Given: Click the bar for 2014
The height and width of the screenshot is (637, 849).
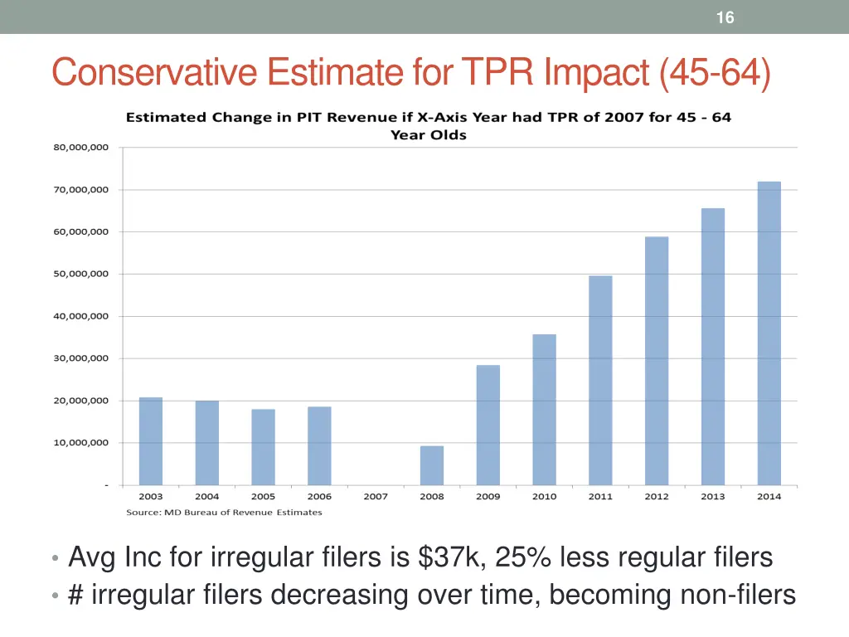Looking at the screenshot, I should [769, 333].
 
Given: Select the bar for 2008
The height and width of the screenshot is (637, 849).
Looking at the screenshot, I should [431, 465].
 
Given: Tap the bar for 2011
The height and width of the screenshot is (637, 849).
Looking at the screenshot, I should [600, 380].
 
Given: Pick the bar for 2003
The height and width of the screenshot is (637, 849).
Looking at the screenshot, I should [151, 441].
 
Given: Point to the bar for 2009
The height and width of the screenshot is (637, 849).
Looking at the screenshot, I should [488, 425].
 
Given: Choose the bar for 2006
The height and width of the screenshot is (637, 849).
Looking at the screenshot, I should [319, 445].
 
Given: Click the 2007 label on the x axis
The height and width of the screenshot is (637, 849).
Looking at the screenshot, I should [376, 497].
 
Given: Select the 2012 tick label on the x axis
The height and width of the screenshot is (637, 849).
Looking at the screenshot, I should [657, 497].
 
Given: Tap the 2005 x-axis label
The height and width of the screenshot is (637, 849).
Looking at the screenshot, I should [263, 497].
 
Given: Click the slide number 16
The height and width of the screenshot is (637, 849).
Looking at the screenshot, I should [725, 17].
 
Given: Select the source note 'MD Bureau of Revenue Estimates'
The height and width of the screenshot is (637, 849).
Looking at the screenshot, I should [224, 513].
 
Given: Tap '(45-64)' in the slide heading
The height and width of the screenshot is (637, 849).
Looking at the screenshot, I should [715, 73].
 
